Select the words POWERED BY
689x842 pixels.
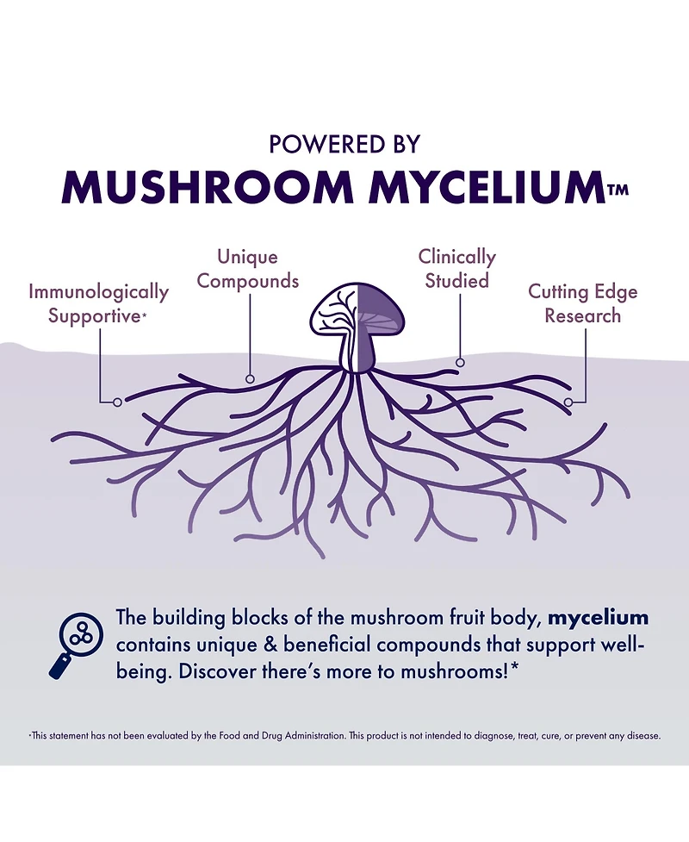[x=344, y=144]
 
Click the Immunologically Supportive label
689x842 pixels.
[x=98, y=303]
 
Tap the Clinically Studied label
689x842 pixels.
[x=456, y=269]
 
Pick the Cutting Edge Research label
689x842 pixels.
[x=583, y=303]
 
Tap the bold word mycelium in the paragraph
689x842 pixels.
[x=599, y=618]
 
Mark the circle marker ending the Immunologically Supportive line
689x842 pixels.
[x=117, y=402]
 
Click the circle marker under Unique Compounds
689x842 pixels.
[x=250, y=378]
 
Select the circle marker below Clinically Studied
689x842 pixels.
[x=461, y=363]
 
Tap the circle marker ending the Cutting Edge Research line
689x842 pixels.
[x=568, y=402]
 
